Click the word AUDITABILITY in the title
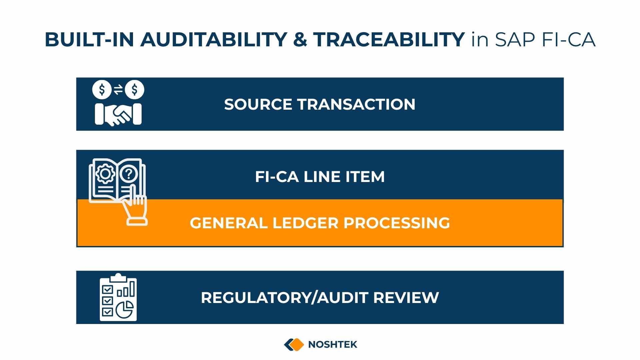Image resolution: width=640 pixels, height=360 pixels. click(214, 39)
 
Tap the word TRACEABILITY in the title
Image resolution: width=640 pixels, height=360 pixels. click(389, 39)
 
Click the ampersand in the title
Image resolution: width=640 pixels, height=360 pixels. click(300, 39)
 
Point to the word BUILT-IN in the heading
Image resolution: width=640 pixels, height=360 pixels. click(89, 39)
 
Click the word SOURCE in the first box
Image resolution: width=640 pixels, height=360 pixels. click(258, 104)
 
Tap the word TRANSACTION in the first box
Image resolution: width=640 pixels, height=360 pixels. click(356, 104)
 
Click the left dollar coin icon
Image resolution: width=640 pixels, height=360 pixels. click(102, 90)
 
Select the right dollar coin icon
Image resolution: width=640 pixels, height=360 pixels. click(134, 90)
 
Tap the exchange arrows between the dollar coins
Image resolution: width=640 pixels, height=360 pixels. click(118, 90)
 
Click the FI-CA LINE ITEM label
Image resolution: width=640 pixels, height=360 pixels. click(320, 177)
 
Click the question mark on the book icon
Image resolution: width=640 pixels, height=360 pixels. click(129, 174)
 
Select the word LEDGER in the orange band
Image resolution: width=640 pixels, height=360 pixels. click(305, 223)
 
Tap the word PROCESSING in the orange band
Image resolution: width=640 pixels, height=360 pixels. click(397, 223)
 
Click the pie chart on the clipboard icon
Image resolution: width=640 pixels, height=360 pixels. click(125, 310)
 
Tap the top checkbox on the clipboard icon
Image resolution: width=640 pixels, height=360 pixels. click(107, 289)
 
